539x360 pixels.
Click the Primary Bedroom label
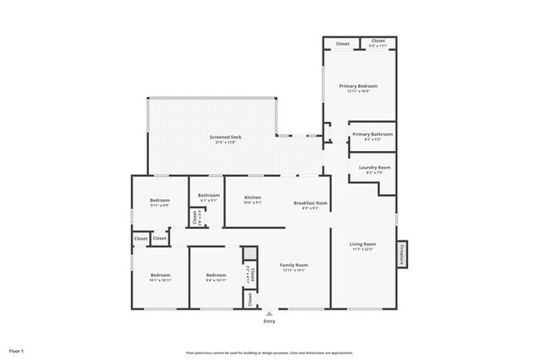[358, 85]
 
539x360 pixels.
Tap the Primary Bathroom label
[372, 134]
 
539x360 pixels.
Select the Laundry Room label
[374, 167]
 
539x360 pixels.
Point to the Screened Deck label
[225, 137]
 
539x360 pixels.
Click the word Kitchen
[253, 197]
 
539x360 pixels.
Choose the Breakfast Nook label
[311, 203]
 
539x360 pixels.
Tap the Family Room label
[294, 265]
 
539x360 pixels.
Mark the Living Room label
[362, 244]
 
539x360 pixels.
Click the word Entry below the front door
[269, 322]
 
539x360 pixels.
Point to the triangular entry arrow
[269, 314]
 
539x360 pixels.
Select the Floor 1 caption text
[17, 351]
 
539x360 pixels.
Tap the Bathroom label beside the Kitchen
[208, 196]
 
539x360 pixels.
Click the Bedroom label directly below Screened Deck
[160, 200]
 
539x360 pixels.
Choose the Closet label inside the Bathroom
[195, 217]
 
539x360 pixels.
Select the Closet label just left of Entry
[250, 299]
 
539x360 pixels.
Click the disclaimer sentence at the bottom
[269, 352]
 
